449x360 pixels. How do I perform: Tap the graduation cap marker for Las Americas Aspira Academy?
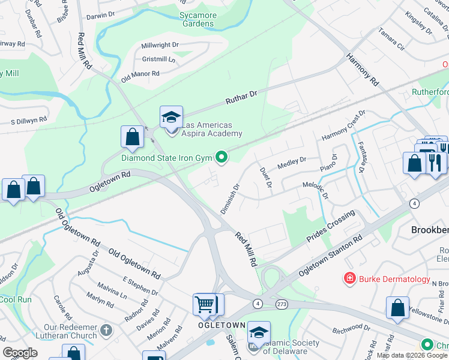(x=170, y=117)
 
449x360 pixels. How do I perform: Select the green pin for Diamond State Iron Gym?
(x=221, y=158)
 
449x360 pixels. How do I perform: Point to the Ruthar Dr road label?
(x=241, y=97)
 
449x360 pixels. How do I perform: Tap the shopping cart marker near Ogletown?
(x=205, y=304)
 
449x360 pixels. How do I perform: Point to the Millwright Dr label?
(x=160, y=45)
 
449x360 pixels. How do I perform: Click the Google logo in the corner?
(x=20, y=353)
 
